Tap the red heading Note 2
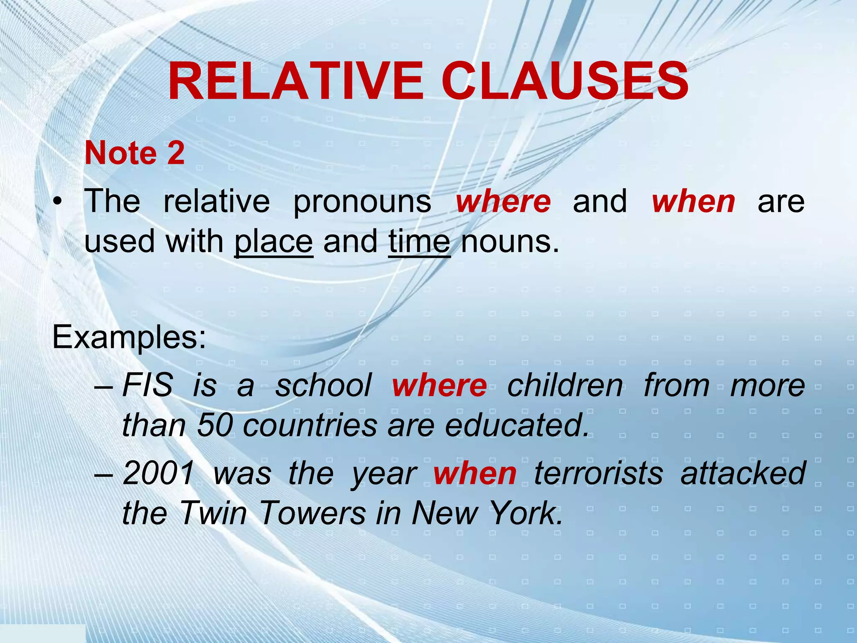point(134,153)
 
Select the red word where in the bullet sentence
point(503,201)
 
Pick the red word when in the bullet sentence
point(693,201)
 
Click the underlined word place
point(273,242)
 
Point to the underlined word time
point(419,242)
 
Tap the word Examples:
point(129,338)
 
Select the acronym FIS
point(147,385)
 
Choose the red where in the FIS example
point(439,385)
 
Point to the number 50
point(215,425)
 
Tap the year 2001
point(159,473)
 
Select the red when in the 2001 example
point(475,473)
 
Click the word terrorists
point(598,473)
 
